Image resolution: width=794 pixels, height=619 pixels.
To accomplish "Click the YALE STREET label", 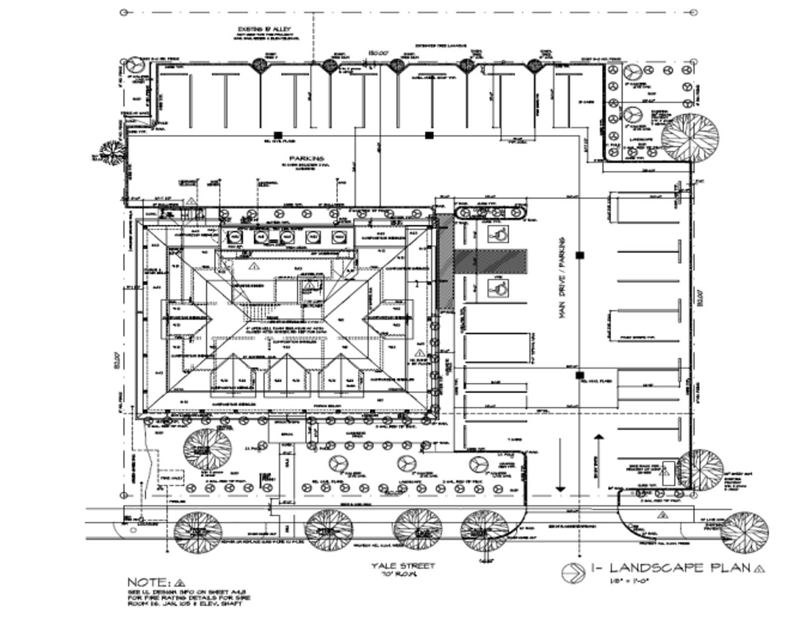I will pos(403,565).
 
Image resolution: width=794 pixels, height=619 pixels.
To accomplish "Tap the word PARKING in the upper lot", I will pos(307,158).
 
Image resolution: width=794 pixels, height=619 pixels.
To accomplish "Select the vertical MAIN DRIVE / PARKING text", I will pos(562,278).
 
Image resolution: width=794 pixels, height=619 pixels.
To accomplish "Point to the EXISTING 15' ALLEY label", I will pos(265,30).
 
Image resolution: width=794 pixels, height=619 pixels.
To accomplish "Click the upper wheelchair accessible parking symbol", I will pos(498,233).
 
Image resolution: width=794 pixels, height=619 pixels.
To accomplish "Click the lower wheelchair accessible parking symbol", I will pos(498,287).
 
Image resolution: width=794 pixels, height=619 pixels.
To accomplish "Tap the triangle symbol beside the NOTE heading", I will pos(180,582).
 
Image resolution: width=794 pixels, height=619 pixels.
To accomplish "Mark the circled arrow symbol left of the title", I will pos(573,573).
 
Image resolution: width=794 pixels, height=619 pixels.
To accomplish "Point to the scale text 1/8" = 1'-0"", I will pos(629,580).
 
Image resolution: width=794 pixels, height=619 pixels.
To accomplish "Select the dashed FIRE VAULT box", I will pos(171,478).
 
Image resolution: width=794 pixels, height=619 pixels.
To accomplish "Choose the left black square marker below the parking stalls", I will pos(278,135).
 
